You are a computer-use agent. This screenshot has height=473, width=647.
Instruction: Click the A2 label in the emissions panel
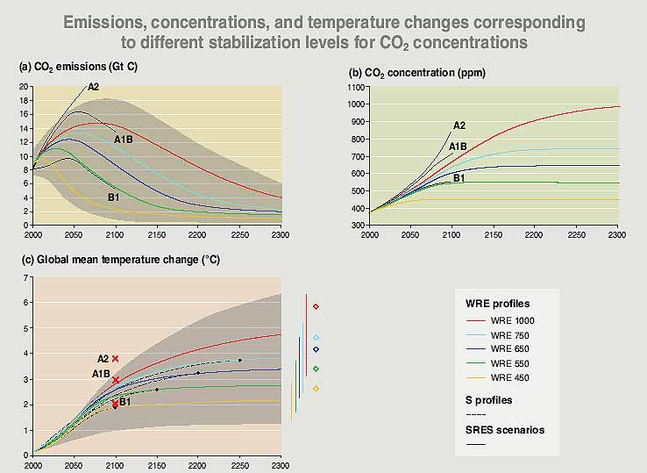coord(93,86)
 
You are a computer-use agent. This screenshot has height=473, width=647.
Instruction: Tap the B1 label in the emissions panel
coord(113,197)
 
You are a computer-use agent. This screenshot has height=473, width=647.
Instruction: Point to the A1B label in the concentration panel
coord(458,147)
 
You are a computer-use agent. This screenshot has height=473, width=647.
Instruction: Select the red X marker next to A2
coord(115,358)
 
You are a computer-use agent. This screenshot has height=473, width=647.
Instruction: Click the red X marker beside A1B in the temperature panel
coord(115,380)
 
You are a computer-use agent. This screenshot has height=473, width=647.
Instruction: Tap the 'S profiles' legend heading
coord(488,400)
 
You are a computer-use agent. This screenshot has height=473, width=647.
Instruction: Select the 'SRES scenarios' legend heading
coord(505,430)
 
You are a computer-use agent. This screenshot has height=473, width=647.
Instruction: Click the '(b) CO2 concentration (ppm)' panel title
coord(417,72)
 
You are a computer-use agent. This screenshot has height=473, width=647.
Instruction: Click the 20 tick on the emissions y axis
coord(23,87)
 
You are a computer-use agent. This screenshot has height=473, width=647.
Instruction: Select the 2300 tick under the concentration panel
coord(615,236)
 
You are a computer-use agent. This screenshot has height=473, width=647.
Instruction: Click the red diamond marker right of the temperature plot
coord(316,306)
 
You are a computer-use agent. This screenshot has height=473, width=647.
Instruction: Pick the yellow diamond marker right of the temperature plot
coord(316,389)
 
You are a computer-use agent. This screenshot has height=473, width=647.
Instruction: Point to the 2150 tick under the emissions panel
coord(156,236)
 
